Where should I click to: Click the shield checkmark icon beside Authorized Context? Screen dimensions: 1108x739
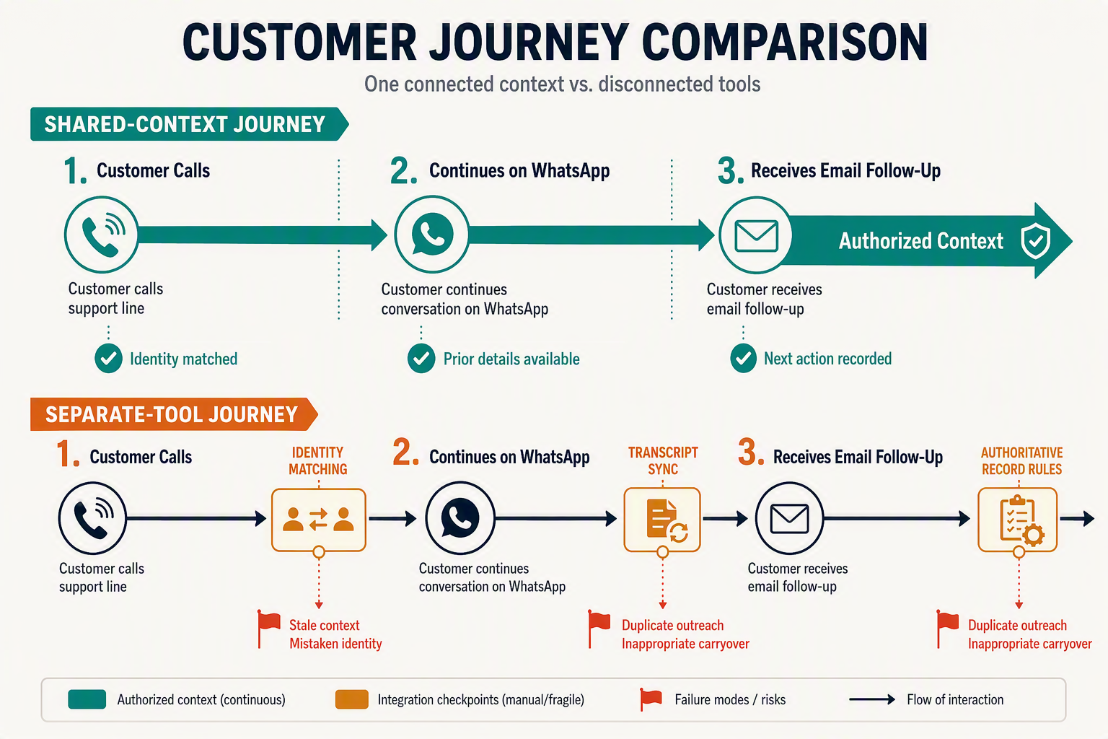click(x=1035, y=240)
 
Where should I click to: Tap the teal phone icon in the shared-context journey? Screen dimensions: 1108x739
click(x=102, y=234)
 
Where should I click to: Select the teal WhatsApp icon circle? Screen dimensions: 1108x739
click(x=432, y=234)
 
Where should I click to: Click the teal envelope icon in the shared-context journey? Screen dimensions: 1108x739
click(x=756, y=235)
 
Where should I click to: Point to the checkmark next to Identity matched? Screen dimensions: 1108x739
click(x=108, y=359)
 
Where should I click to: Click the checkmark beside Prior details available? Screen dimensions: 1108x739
click(x=421, y=359)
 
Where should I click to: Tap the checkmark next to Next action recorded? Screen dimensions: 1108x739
click(x=743, y=359)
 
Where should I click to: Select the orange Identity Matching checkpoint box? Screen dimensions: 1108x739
click(x=319, y=520)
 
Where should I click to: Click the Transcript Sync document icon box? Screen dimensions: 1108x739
click(x=662, y=520)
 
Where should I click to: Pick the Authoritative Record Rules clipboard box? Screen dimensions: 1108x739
click(x=1018, y=520)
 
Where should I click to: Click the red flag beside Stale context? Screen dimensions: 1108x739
click(x=268, y=629)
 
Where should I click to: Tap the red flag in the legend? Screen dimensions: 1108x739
click(x=651, y=699)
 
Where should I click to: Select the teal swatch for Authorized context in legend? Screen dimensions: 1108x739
click(x=87, y=699)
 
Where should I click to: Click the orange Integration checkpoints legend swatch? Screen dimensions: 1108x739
click(x=352, y=699)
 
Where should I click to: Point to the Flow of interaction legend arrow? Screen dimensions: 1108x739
click(x=872, y=699)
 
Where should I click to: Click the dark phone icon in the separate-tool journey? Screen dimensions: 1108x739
click(x=92, y=518)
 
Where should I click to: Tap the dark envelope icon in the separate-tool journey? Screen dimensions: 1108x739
click(x=789, y=518)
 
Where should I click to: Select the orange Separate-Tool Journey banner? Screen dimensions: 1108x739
click(x=174, y=414)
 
